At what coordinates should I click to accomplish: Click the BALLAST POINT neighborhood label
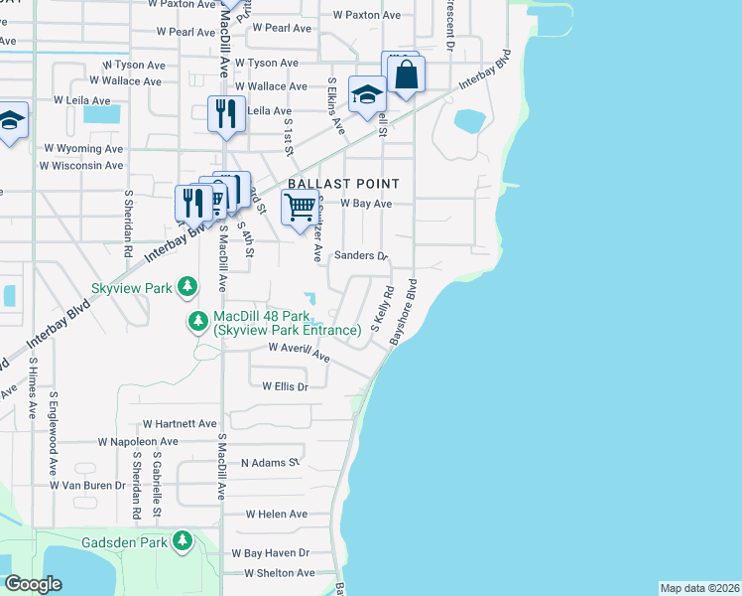343,184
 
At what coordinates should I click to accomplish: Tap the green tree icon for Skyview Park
186,288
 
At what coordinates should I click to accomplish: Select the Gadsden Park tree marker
182,540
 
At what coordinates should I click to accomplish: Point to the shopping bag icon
407,74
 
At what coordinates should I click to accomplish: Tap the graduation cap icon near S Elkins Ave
367,95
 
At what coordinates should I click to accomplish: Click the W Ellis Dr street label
286,385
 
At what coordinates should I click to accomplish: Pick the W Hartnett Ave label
180,423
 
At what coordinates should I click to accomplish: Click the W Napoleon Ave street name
137,441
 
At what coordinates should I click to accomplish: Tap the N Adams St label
270,463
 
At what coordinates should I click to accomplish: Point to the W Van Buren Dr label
87,486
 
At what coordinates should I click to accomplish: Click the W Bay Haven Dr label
270,552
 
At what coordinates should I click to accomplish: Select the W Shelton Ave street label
272,573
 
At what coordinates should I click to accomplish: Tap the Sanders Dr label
360,255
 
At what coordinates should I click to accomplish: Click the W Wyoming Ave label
83,148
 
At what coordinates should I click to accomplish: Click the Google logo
34,584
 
